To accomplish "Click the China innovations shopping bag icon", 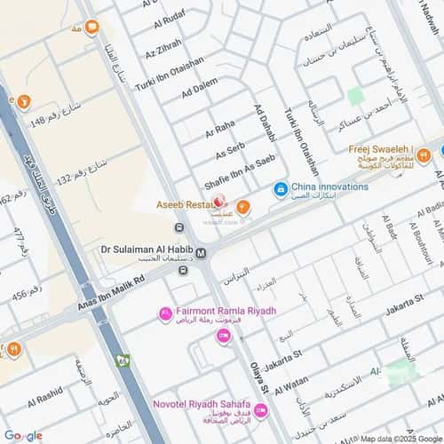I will tap(281, 188).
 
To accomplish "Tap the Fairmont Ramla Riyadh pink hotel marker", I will tap(165, 313).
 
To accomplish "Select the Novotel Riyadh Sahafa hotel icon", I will tap(260, 410).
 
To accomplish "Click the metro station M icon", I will tap(202, 253).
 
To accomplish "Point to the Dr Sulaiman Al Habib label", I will tap(145, 250).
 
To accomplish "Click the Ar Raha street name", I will tap(219, 130).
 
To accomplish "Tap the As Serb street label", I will tap(230, 152).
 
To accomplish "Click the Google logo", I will tap(22, 435).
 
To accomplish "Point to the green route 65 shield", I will tap(123, 360).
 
